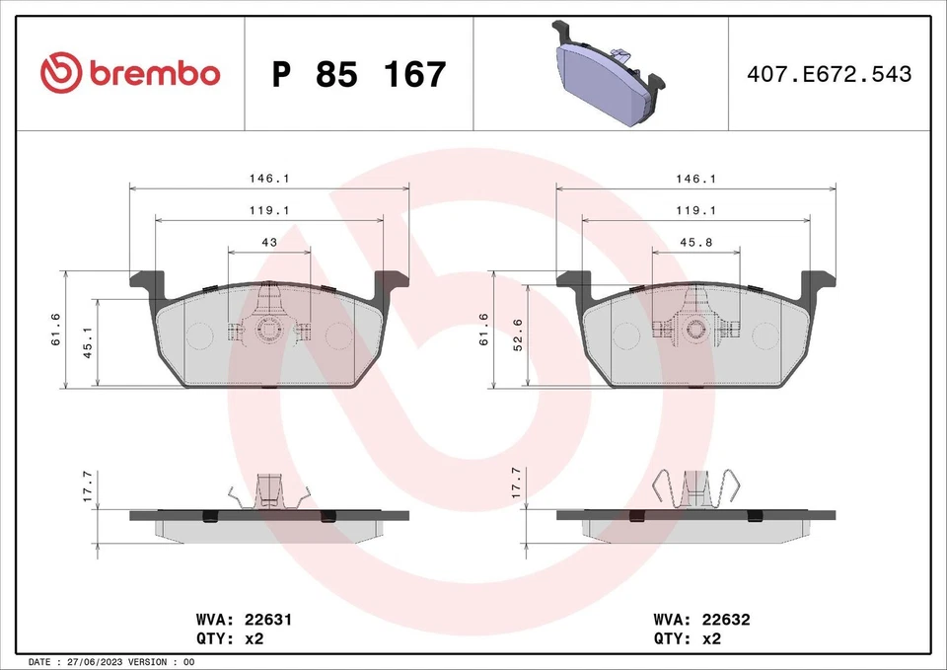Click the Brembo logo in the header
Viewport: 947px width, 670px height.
(130, 73)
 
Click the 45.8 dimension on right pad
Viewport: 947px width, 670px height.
(695, 241)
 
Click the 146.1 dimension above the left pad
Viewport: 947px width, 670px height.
(268, 179)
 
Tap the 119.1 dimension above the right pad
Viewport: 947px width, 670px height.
(695, 210)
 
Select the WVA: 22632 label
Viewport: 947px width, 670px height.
(701, 620)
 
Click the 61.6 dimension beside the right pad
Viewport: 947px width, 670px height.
(484, 329)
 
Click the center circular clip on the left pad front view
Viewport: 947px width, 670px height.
(268, 331)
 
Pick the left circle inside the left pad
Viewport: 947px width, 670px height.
(200, 337)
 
